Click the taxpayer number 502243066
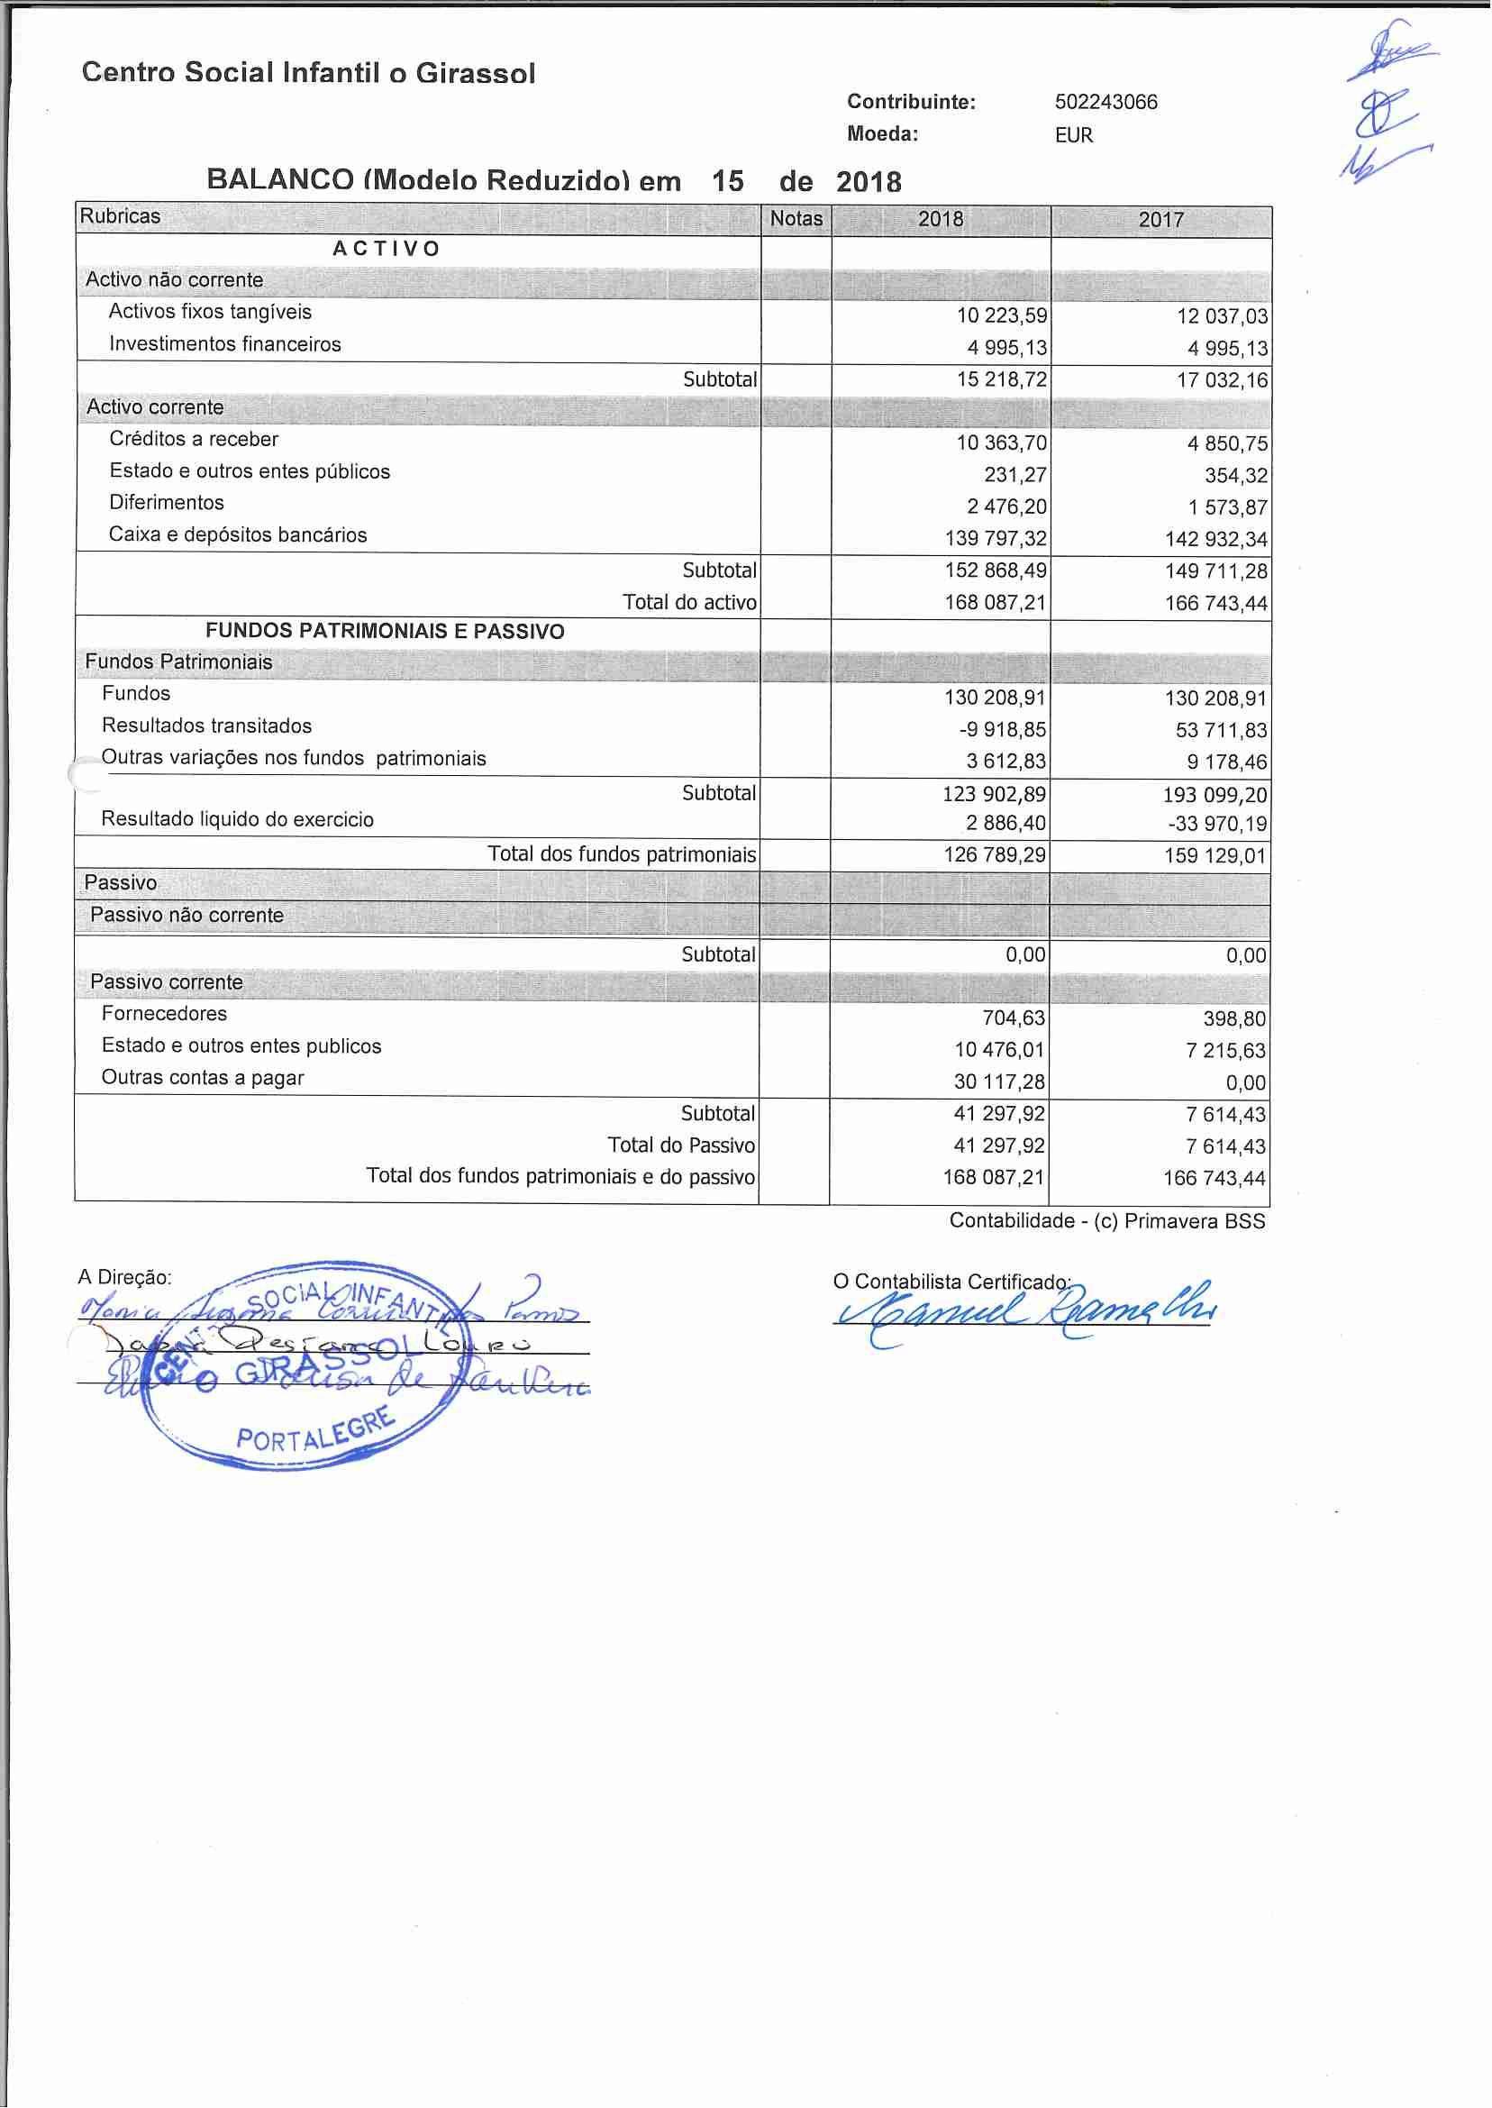pyautogui.click(x=1105, y=102)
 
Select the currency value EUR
pyautogui.click(x=1073, y=135)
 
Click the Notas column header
pyautogui.click(x=796, y=219)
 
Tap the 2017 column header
pyautogui.click(x=1160, y=220)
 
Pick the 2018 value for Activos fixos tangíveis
pyautogui.click(x=1000, y=316)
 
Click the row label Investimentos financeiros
pyautogui.click(x=225, y=343)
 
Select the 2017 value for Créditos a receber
pyautogui.click(x=1226, y=443)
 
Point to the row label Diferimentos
pyautogui.click(x=167, y=503)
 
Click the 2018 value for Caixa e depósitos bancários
pyautogui.click(x=995, y=538)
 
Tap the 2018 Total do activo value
pyautogui.click(x=995, y=603)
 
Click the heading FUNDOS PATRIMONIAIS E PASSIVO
pyautogui.click(x=385, y=631)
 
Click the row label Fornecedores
pyautogui.click(x=165, y=1014)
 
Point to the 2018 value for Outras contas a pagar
pyautogui.click(x=998, y=1081)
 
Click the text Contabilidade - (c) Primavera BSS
pyautogui.click(x=1106, y=1220)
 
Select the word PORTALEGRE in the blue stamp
pyautogui.click(x=315, y=1432)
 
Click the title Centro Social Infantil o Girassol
pyautogui.click(x=309, y=73)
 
